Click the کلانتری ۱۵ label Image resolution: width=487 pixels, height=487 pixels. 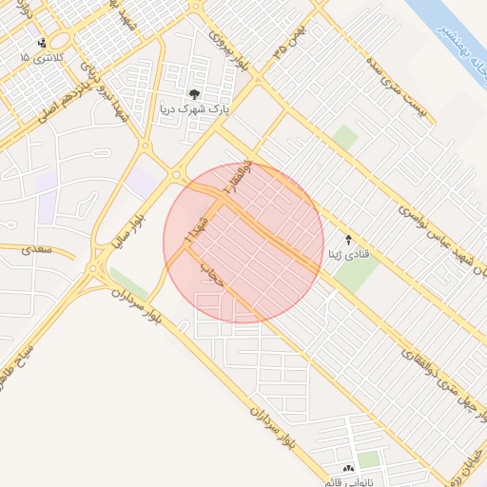point(38,58)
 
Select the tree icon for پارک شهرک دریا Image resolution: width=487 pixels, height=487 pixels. point(195,94)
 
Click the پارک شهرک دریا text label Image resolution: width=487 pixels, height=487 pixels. point(195,109)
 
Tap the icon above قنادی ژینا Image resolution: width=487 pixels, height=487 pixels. point(348,240)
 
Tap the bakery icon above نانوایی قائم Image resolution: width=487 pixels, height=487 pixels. point(347,468)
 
